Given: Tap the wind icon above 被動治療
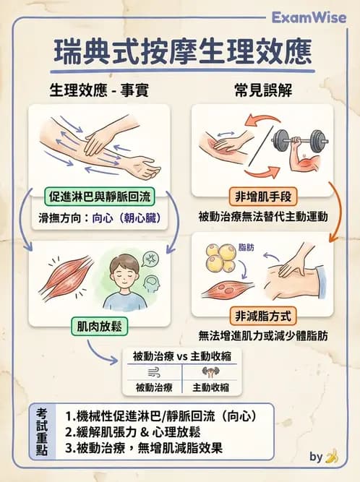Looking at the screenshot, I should click(x=153, y=372).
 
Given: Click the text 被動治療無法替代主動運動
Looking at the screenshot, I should click(x=262, y=216).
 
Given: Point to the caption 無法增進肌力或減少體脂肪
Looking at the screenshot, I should click(x=262, y=335).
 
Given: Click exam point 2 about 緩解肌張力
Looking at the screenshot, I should click(x=132, y=432).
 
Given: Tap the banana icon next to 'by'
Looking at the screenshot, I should click(x=332, y=456).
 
